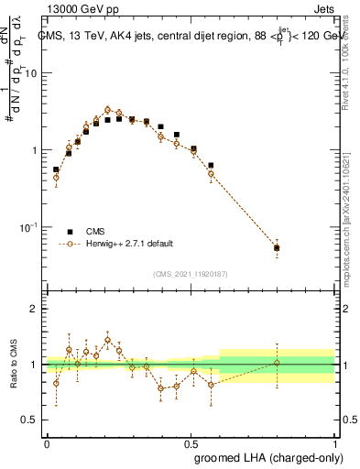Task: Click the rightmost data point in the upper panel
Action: coord(277,247)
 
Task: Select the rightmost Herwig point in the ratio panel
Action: coord(277,363)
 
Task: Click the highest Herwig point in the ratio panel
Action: coord(108,340)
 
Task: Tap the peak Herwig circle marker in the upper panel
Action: coord(108,110)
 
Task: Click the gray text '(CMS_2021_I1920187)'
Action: coord(190,274)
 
